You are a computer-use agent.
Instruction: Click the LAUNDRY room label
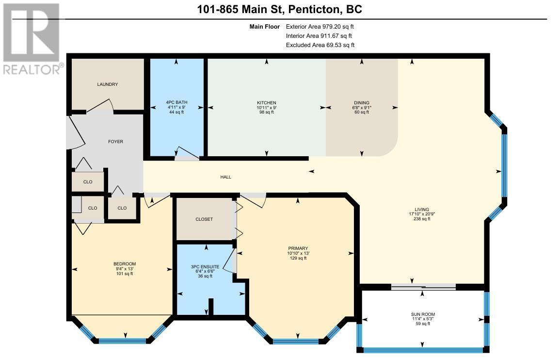[x=107, y=84]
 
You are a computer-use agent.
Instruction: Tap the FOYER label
[x=115, y=142]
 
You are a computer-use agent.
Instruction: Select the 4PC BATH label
[x=176, y=102]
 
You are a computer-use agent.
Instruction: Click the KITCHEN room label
[x=267, y=103]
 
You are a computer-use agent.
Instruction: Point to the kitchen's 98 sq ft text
[x=267, y=112]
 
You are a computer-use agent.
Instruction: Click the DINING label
[x=362, y=103]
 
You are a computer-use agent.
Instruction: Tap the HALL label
[x=225, y=177]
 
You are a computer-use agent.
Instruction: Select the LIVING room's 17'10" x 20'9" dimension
[x=422, y=214]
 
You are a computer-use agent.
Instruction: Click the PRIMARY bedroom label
[x=298, y=248]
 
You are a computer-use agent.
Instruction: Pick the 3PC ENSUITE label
[x=205, y=266]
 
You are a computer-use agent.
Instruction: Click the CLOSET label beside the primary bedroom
[x=204, y=219]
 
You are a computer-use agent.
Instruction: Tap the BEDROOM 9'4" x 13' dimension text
[x=125, y=269]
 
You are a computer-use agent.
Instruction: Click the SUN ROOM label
[x=423, y=314]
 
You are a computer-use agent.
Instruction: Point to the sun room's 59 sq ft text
[x=423, y=324]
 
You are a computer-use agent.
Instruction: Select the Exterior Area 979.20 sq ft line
[x=319, y=26]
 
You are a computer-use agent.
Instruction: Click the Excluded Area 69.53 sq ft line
[x=320, y=45]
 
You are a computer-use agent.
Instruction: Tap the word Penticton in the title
[x=314, y=9]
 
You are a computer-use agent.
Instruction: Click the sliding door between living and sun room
[x=424, y=287]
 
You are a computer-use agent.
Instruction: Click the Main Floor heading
[x=265, y=26]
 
